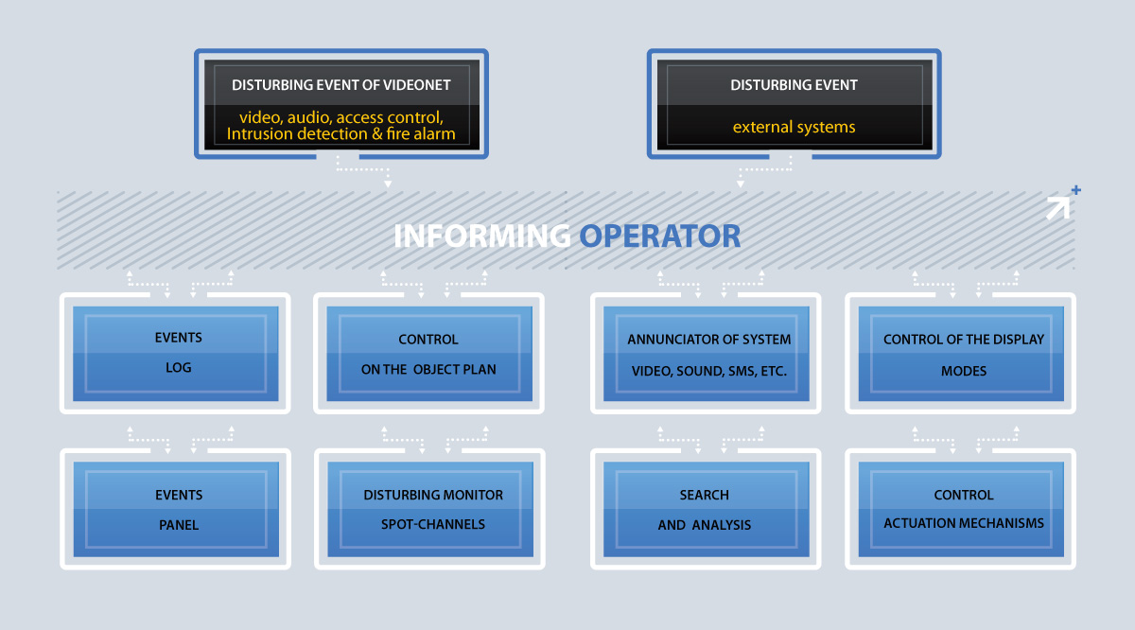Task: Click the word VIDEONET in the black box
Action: [x=416, y=84]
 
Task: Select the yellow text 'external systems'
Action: [x=794, y=127]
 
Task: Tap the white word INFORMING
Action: [x=482, y=236]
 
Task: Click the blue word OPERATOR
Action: [x=660, y=236]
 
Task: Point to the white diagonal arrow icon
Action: [x=1058, y=208]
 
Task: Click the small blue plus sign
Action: [x=1076, y=190]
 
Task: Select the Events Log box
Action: [x=175, y=353]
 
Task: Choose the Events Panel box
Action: [x=176, y=509]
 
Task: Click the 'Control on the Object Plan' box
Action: [x=429, y=353]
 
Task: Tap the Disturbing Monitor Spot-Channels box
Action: [x=430, y=509]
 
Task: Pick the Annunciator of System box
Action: [x=707, y=353]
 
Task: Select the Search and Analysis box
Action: [x=707, y=509]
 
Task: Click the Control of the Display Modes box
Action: [x=961, y=353]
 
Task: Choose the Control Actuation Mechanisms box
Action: [x=961, y=509]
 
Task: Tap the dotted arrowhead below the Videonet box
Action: [x=388, y=184]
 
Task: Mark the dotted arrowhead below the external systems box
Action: [x=741, y=184]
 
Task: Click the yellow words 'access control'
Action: [x=390, y=117]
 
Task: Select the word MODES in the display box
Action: [x=964, y=371]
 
